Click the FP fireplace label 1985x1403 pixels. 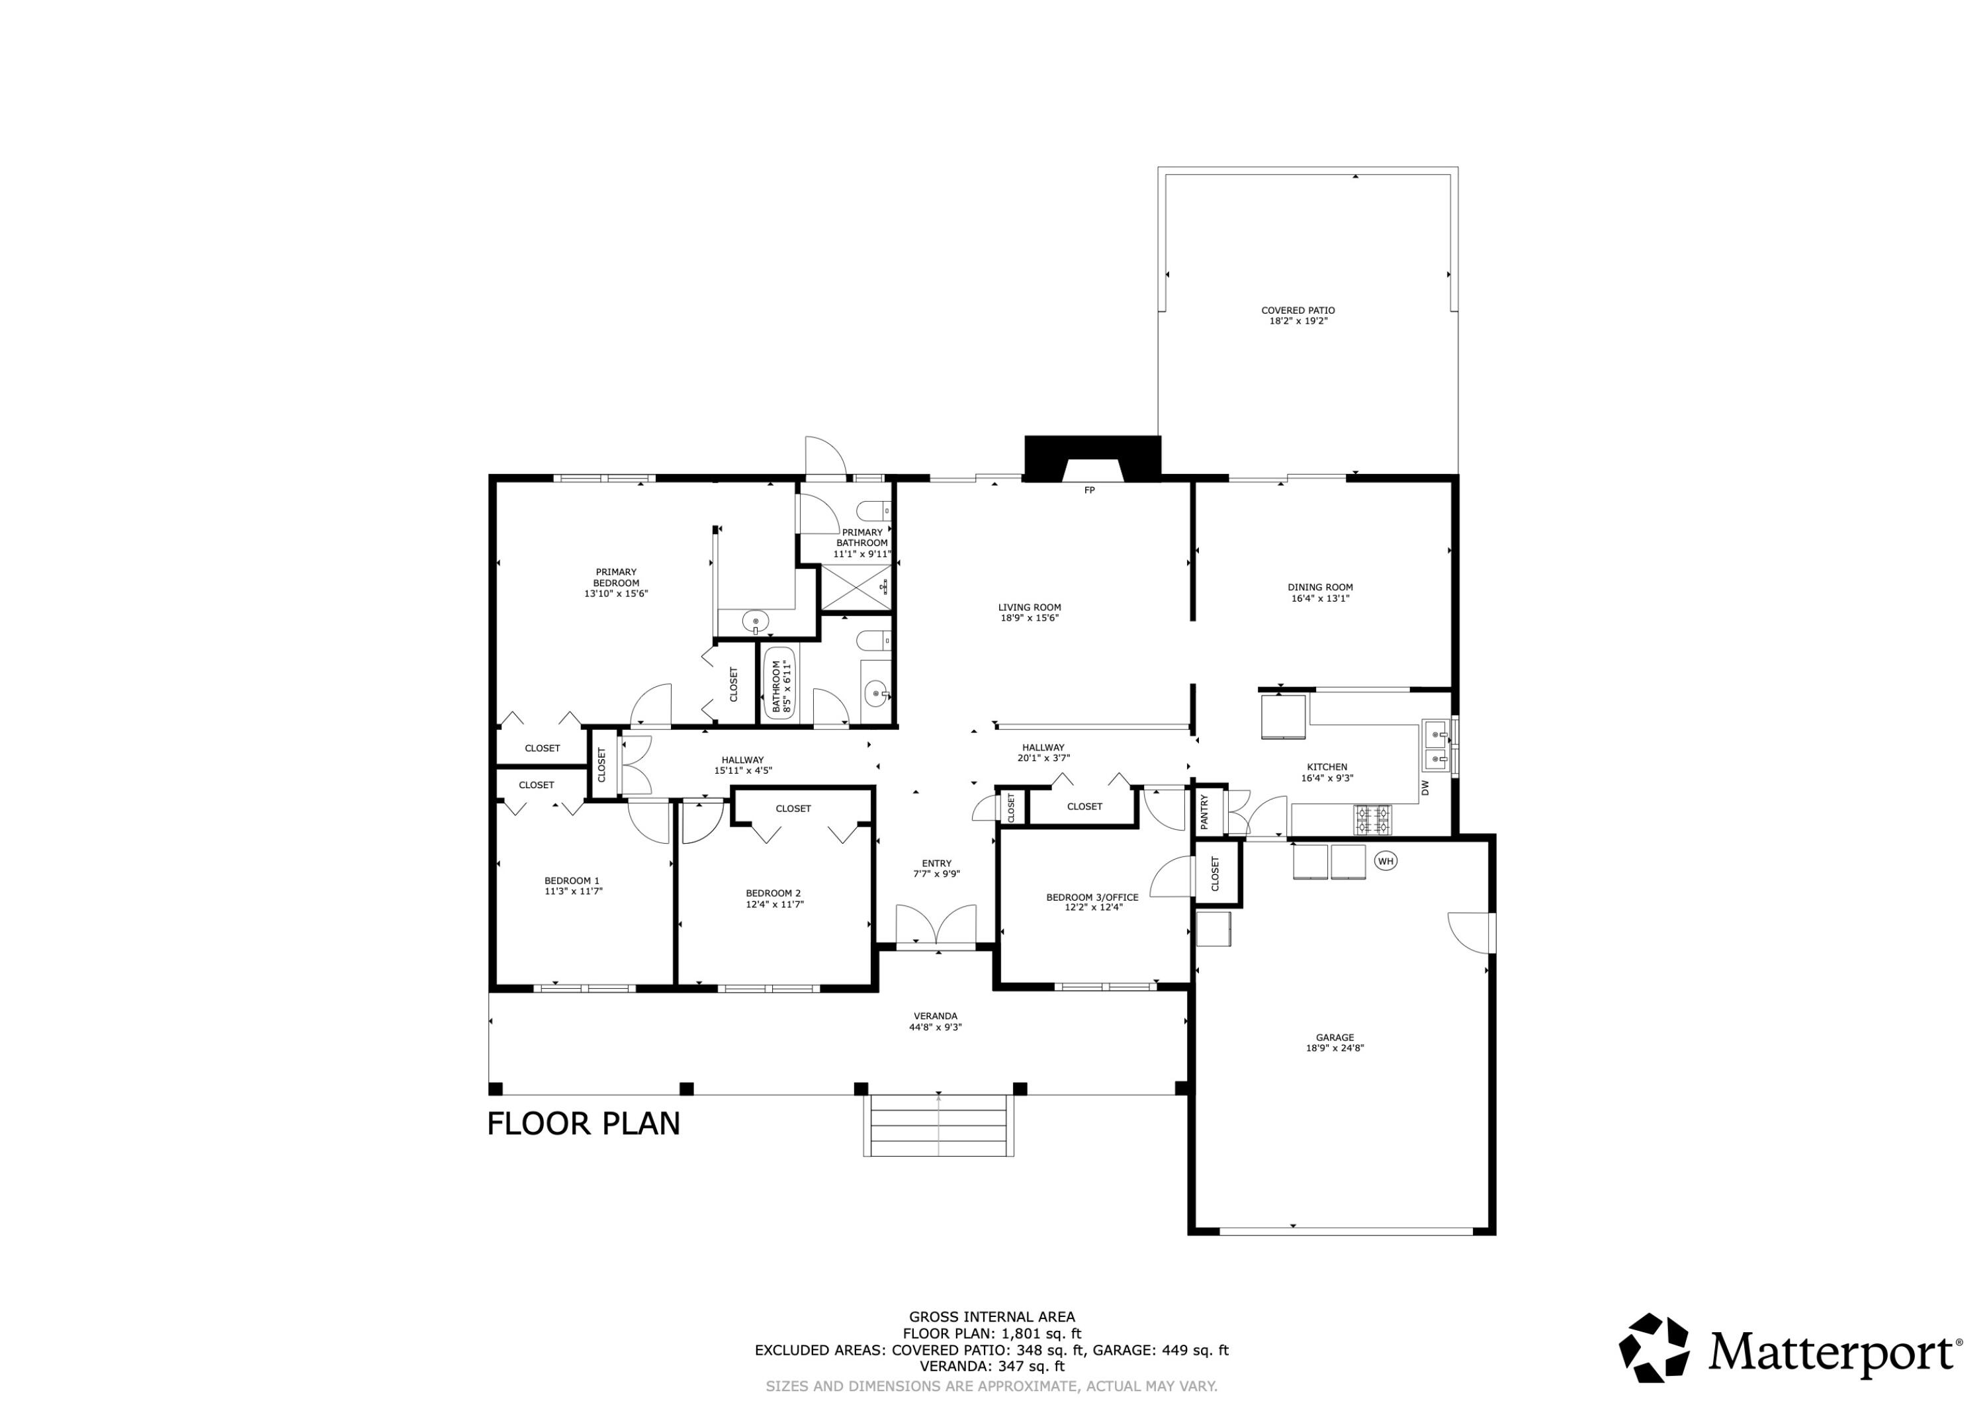1089,490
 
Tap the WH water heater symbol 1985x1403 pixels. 1386,860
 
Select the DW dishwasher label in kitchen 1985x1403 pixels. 1425,788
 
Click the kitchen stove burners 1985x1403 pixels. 1373,819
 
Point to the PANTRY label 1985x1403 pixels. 1204,812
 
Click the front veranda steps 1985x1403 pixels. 938,1124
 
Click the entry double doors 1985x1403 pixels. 936,926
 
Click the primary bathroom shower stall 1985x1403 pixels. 855,588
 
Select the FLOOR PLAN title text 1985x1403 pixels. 584,1124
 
